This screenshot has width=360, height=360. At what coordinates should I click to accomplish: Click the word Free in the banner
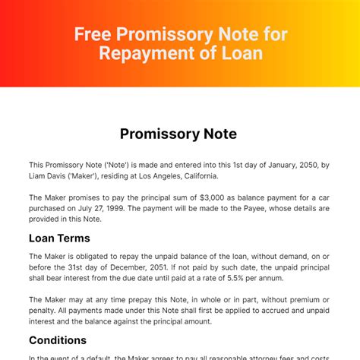tap(91, 35)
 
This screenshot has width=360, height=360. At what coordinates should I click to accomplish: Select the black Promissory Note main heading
tap(179, 134)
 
